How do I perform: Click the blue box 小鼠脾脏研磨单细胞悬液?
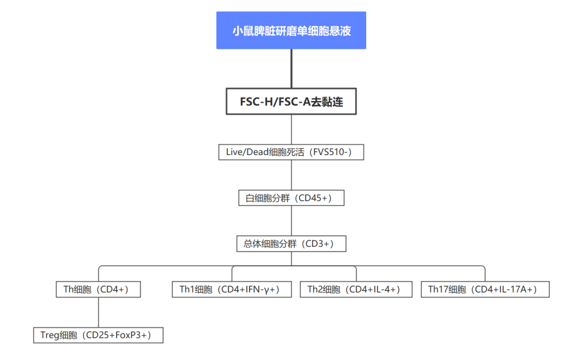(291, 30)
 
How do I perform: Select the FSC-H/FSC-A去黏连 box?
(291, 101)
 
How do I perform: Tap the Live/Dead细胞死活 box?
(291, 152)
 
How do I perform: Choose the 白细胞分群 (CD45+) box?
(291, 198)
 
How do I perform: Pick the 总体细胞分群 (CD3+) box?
(291, 243)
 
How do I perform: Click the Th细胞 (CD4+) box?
(98, 290)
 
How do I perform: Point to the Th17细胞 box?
(485, 290)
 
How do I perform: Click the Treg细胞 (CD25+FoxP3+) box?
(98, 335)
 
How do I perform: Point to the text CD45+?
(315, 198)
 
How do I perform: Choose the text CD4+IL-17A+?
(505, 290)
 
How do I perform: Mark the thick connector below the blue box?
(291, 68)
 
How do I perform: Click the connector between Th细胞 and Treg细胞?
(98, 312)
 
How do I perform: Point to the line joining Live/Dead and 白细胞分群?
(291, 175)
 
